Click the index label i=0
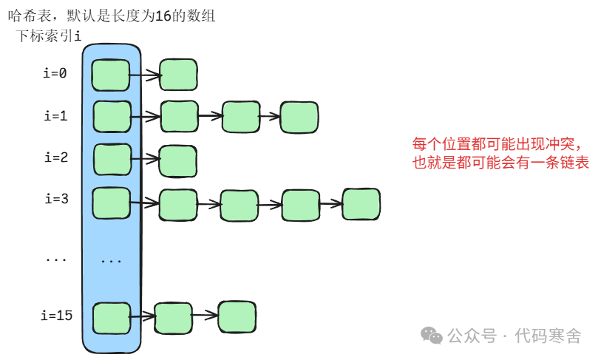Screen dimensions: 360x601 55,73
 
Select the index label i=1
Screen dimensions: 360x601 55,116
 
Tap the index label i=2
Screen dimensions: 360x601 56,157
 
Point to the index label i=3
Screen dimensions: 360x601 56,199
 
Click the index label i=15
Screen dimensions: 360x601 56,316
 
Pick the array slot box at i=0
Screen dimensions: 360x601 111,74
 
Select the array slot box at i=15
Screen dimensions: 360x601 112,318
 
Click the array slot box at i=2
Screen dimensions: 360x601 112,158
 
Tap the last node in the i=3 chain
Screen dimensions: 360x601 361,204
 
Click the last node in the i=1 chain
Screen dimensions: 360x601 299,117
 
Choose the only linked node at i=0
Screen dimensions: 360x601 178,75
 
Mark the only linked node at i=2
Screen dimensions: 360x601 178,160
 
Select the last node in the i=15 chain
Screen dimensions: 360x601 237,316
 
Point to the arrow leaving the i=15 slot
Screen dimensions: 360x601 142,316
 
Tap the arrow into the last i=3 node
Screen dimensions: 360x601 330,203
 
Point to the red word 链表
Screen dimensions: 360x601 574,163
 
